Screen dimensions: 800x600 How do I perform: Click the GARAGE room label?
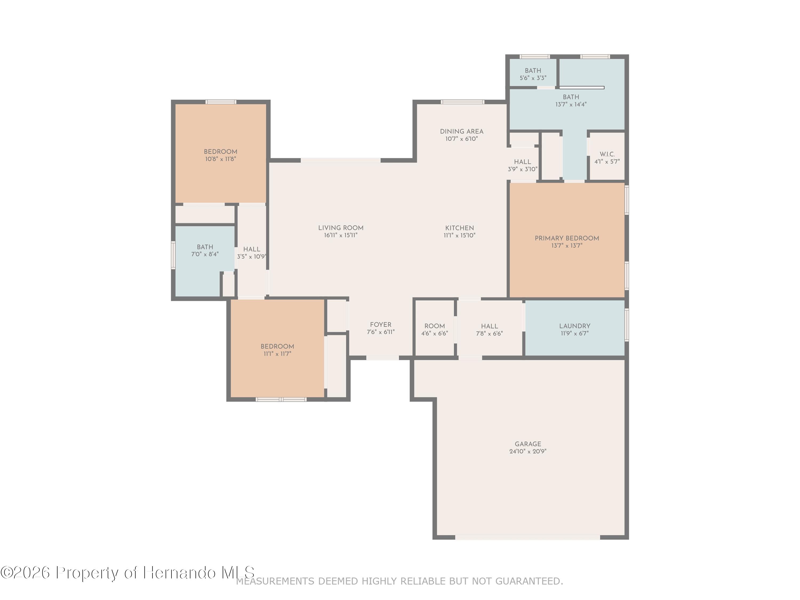[528, 444]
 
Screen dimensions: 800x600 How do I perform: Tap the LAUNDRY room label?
[575, 326]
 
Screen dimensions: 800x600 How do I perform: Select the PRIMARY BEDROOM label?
[567, 238]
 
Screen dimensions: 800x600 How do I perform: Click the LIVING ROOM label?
[341, 228]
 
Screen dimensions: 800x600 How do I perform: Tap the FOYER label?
[381, 325]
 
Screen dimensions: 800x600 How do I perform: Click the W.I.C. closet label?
[607, 154]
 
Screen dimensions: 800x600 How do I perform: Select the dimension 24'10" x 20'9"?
[528, 451]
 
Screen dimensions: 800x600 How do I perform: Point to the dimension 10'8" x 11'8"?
[221, 159]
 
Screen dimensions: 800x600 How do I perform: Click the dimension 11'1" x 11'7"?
[277, 354]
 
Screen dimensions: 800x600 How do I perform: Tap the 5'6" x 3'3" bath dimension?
[533, 78]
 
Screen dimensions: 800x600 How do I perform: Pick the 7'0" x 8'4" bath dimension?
[205, 254]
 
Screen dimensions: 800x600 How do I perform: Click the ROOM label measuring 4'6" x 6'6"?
[434, 326]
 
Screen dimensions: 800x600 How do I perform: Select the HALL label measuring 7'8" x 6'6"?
[489, 326]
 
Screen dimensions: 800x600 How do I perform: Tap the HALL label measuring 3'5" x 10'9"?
[251, 249]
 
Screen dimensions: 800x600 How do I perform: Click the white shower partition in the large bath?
[582, 87]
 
